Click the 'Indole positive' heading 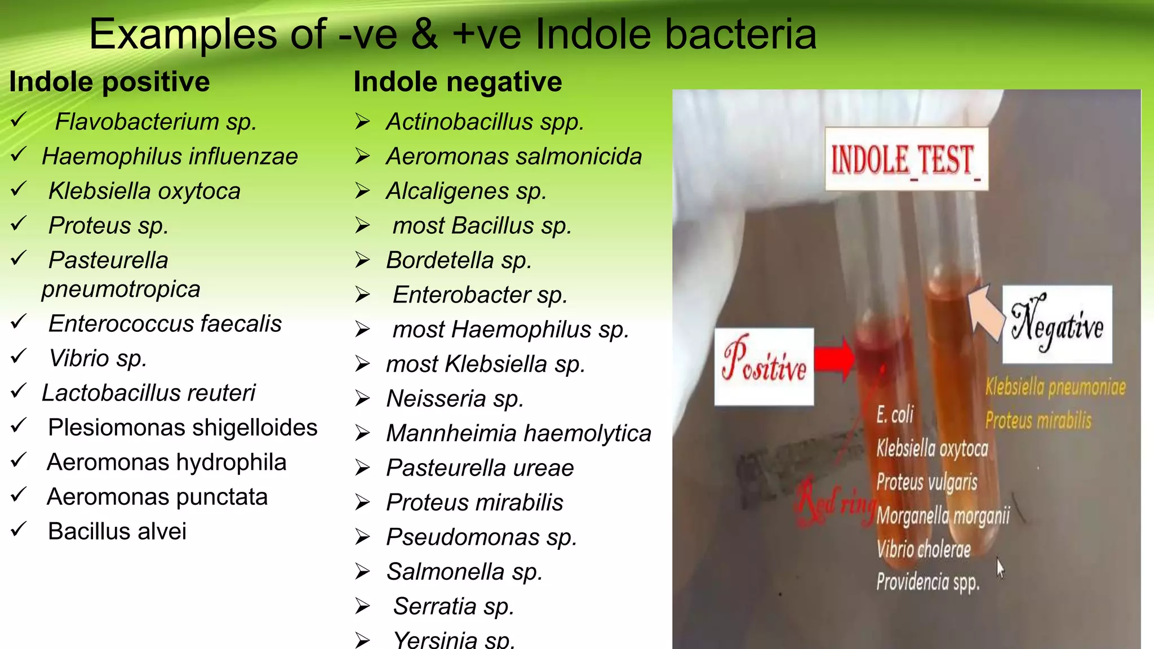109,82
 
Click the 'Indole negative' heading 458,82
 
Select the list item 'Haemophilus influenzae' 170,157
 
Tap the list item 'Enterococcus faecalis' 165,324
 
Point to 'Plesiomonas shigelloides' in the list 183,428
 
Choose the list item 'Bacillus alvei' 117,531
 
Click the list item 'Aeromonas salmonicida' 514,157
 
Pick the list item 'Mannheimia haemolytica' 518,434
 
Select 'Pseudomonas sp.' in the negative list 482,537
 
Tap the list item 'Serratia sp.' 454,607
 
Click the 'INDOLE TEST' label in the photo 906,159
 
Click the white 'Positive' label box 764,366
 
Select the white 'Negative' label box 1057,324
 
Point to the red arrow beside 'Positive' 835,359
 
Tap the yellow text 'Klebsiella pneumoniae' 1055,387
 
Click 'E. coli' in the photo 895,415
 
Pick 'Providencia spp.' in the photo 928,582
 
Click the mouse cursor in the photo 1000,567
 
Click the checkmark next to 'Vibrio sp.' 19,356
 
